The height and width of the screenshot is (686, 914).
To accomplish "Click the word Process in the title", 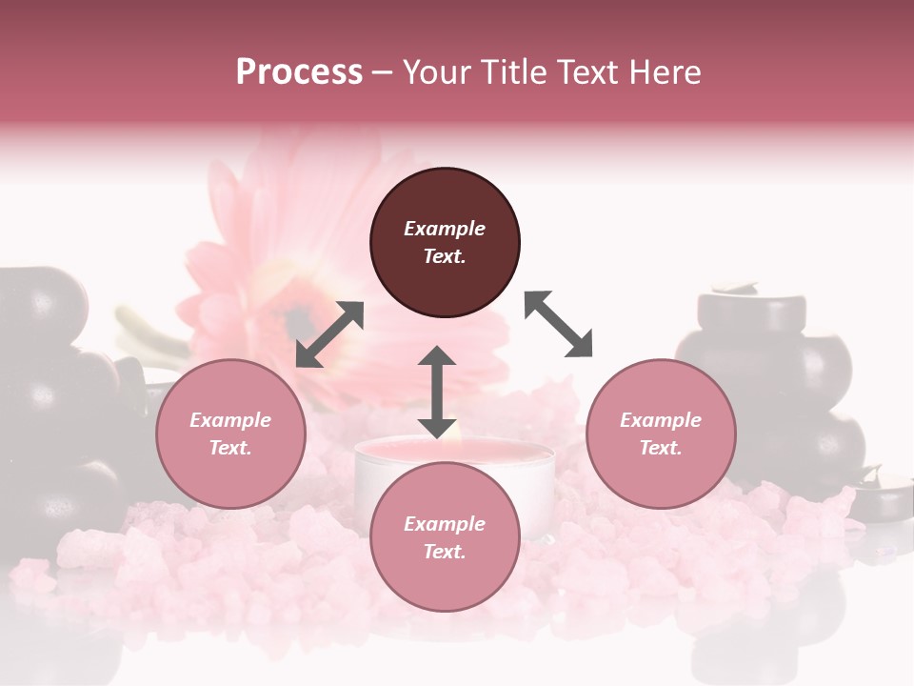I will [299, 72].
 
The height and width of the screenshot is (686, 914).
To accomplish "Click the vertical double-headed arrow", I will [437, 392].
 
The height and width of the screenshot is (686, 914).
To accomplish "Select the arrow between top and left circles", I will [329, 334].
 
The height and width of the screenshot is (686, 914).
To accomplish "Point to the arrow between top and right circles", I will [559, 324].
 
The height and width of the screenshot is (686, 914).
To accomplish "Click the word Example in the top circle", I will [445, 229].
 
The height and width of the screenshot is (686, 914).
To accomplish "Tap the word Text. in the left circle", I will [230, 448].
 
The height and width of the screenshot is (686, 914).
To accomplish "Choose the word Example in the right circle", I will [661, 420].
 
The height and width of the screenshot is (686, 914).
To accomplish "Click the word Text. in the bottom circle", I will [445, 552].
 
